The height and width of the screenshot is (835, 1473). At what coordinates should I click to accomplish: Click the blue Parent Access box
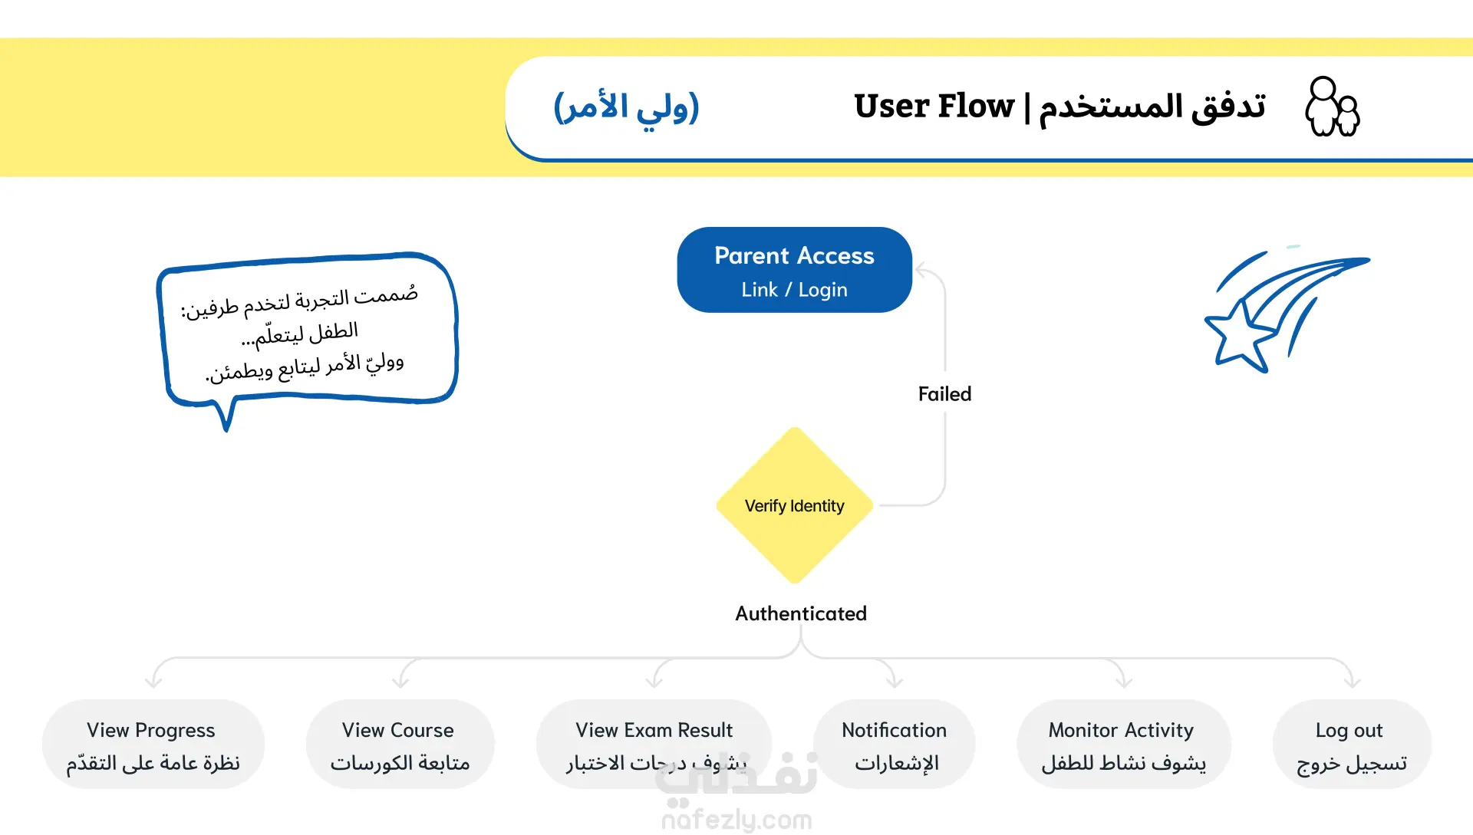794,270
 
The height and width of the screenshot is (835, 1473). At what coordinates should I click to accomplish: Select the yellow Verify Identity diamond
795,505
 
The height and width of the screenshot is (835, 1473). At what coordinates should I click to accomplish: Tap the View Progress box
153,744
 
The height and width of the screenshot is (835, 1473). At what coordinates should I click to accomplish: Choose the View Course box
400,744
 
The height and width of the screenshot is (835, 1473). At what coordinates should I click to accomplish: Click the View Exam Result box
654,744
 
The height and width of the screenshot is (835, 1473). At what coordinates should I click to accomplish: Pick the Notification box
895,744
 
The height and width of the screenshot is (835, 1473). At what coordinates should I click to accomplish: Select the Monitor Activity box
1124,744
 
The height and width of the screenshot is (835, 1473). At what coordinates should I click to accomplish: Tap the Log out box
1352,744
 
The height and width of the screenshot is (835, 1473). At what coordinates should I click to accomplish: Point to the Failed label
945,394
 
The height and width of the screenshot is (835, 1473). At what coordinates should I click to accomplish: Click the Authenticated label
801,613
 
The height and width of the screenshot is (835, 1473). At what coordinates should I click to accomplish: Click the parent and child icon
1333,107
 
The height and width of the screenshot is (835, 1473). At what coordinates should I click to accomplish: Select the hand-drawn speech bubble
308,337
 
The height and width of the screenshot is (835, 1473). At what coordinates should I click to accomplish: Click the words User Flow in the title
934,106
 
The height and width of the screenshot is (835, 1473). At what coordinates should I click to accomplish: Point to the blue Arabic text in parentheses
626,107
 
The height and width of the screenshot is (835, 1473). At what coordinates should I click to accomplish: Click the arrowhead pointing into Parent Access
921,270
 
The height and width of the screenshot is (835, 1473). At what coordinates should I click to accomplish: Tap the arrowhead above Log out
1353,680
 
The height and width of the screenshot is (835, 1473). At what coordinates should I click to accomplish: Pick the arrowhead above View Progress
153,680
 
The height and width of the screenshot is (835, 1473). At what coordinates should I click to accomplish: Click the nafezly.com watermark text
736,820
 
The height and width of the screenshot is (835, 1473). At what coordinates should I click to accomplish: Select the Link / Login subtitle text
794,290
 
